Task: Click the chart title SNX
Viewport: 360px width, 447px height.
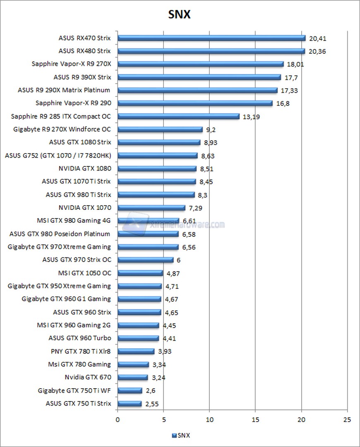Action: [180, 15]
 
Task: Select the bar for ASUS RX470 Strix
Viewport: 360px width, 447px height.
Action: [211, 38]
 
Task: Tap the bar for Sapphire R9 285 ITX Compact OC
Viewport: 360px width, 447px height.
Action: [178, 116]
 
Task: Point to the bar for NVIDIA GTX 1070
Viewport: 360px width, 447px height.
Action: [151, 208]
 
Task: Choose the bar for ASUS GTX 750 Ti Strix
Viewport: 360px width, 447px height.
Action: [130, 404]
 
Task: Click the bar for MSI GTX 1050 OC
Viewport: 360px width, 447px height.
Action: [140, 273]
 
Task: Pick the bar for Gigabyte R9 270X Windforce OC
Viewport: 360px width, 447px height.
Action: [160, 130]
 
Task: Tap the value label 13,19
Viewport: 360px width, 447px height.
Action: [251, 117]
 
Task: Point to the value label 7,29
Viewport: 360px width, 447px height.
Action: [195, 208]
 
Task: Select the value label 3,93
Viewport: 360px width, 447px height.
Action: [163, 351]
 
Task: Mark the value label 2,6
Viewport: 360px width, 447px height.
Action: [150, 391]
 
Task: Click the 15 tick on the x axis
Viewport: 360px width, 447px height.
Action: [255, 419]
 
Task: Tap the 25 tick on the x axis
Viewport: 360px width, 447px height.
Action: [347, 419]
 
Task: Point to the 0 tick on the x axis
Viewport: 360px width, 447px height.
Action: [118, 419]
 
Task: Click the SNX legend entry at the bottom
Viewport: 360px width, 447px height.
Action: [181, 435]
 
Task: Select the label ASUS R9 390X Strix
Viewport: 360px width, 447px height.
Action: [82, 77]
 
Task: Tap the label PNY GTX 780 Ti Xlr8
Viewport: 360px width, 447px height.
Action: [81, 351]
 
